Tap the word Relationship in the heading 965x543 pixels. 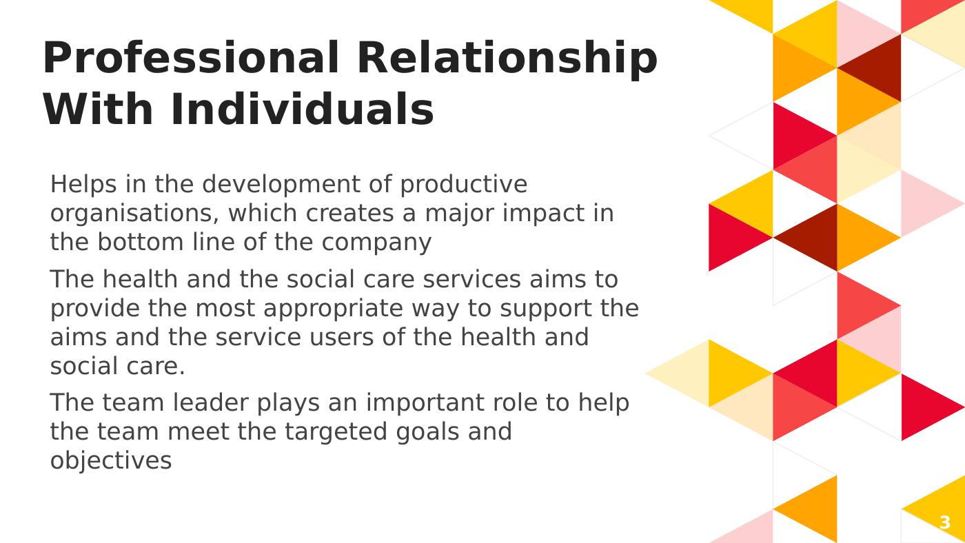[x=507, y=60]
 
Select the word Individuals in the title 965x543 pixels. [x=303, y=110]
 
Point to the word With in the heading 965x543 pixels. [x=98, y=110]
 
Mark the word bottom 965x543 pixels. [x=141, y=242]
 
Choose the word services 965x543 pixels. [x=471, y=280]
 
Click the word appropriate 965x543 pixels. [x=333, y=309]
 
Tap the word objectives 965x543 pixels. [x=111, y=462]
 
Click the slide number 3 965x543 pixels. [x=945, y=522]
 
